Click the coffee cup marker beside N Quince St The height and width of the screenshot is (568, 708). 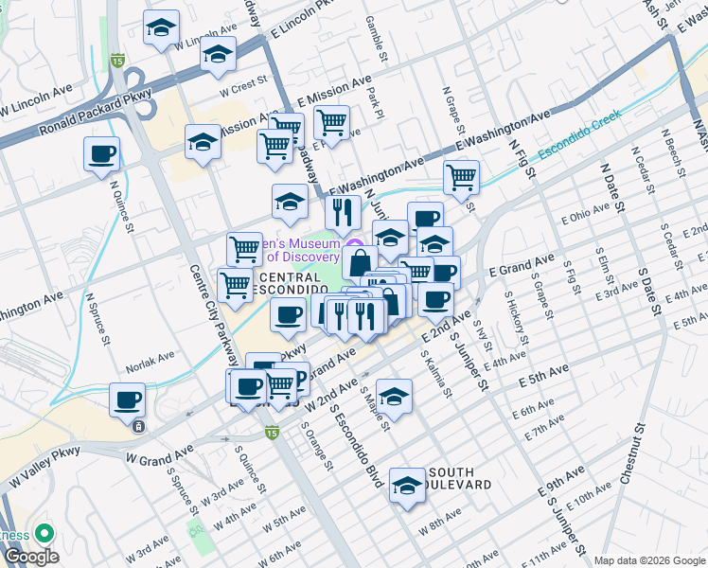[x=102, y=153]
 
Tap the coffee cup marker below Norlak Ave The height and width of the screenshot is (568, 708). [x=127, y=399]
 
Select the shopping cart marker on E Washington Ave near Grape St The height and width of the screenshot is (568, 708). [x=461, y=177]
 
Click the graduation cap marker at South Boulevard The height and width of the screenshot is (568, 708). [x=407, y=485]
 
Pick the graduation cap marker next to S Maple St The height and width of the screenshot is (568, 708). [x=394, y=395]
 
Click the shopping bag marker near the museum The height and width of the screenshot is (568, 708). [x=360, y=261]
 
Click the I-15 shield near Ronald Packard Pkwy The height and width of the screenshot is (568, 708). [x=117, y=61]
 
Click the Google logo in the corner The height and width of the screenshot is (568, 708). [x=30, y=557]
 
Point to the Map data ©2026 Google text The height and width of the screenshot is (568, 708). [x=648, y=559]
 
